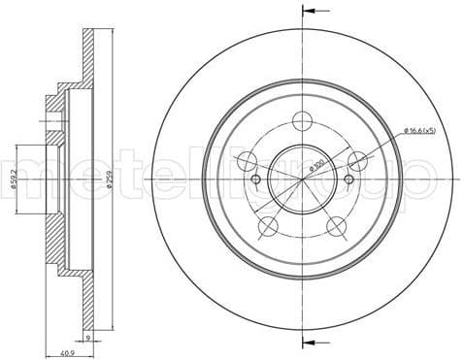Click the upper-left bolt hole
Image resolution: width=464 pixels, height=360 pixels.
248,160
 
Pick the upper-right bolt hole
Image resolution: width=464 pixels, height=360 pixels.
358,160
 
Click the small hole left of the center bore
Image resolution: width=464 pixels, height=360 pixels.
256,180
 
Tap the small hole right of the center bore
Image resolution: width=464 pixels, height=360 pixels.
349,180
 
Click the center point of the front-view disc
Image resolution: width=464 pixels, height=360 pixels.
303,180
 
